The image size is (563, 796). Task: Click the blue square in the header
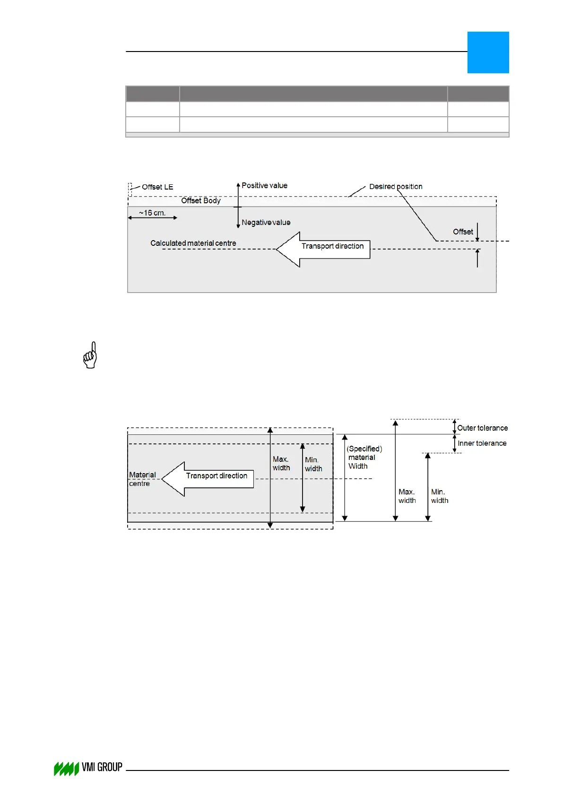[x=488, y=52]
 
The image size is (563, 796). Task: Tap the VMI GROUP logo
[x=88, y=768]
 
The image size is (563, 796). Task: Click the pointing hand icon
[x=90, y=355]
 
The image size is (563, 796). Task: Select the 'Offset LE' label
[x=157, y=187]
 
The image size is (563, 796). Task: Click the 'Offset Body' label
[x=201, y=200]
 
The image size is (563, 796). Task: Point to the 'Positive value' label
[x=264, y=186]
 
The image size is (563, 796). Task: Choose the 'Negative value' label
[x=266, y=223]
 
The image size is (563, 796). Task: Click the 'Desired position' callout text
[x=396, y=187]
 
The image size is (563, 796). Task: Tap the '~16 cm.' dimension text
[x=152, y=213]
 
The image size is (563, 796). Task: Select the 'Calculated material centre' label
[x=193, y=243]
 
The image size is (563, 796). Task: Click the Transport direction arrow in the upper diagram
[x=323, y=249]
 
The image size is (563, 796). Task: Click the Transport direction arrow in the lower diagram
[x=208, y=479]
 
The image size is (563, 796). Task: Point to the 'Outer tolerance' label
[x=482, y=428]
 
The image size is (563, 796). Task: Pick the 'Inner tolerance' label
[x=482, y=443]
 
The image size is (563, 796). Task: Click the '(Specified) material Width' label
[x=364, y=458]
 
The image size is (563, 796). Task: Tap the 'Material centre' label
[x=142, y=479]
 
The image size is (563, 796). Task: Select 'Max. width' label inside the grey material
[x=281, y=464]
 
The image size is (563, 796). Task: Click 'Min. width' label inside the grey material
[x=313, y=464]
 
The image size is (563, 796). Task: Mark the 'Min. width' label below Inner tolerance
[x=440, y=496]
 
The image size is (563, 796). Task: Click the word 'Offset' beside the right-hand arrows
[x=463, y=232]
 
